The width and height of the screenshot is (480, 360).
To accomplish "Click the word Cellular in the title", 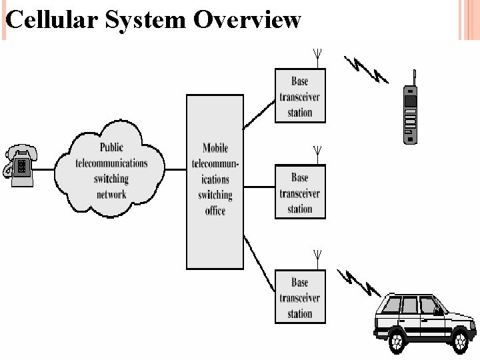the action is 52,19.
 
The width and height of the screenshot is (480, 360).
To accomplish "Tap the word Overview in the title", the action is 247,19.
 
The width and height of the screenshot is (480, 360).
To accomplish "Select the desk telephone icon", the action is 19,165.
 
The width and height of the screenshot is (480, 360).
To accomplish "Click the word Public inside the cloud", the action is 111,147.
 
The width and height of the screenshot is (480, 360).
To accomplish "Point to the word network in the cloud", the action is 111,195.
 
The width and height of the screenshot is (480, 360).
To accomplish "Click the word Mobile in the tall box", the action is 215,148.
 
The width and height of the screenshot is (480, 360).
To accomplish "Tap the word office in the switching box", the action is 215,211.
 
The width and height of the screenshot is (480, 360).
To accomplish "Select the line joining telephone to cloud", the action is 43,169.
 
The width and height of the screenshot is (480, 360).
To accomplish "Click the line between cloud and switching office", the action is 176,169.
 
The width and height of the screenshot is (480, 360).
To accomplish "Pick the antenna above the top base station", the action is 317,58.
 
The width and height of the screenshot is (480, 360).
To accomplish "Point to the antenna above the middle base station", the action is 317,155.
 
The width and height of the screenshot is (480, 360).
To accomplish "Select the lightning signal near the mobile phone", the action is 366,69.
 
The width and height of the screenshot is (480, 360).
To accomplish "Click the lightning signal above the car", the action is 359,283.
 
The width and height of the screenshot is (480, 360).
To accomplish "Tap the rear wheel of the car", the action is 397,340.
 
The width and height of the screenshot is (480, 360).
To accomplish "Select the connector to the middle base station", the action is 259,187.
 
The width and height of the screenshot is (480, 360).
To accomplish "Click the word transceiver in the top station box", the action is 300,97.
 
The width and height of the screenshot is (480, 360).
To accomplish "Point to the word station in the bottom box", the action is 300,314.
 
